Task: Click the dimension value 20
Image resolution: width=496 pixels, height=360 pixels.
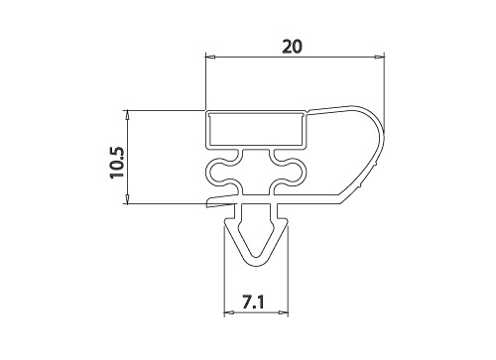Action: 292,47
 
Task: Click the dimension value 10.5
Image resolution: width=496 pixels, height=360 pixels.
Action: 116,162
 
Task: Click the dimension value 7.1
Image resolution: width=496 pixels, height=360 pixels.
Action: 253,302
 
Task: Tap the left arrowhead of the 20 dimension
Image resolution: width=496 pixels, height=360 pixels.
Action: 210,58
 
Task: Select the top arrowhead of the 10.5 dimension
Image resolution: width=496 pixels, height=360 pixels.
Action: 127,115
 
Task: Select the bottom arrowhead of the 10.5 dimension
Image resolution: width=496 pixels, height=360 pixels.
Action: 127,198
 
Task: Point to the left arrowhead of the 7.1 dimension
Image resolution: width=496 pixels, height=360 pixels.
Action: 229,312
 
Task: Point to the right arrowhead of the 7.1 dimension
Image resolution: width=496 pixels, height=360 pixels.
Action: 284,312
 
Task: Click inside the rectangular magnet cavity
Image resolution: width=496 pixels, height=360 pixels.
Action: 256,130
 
